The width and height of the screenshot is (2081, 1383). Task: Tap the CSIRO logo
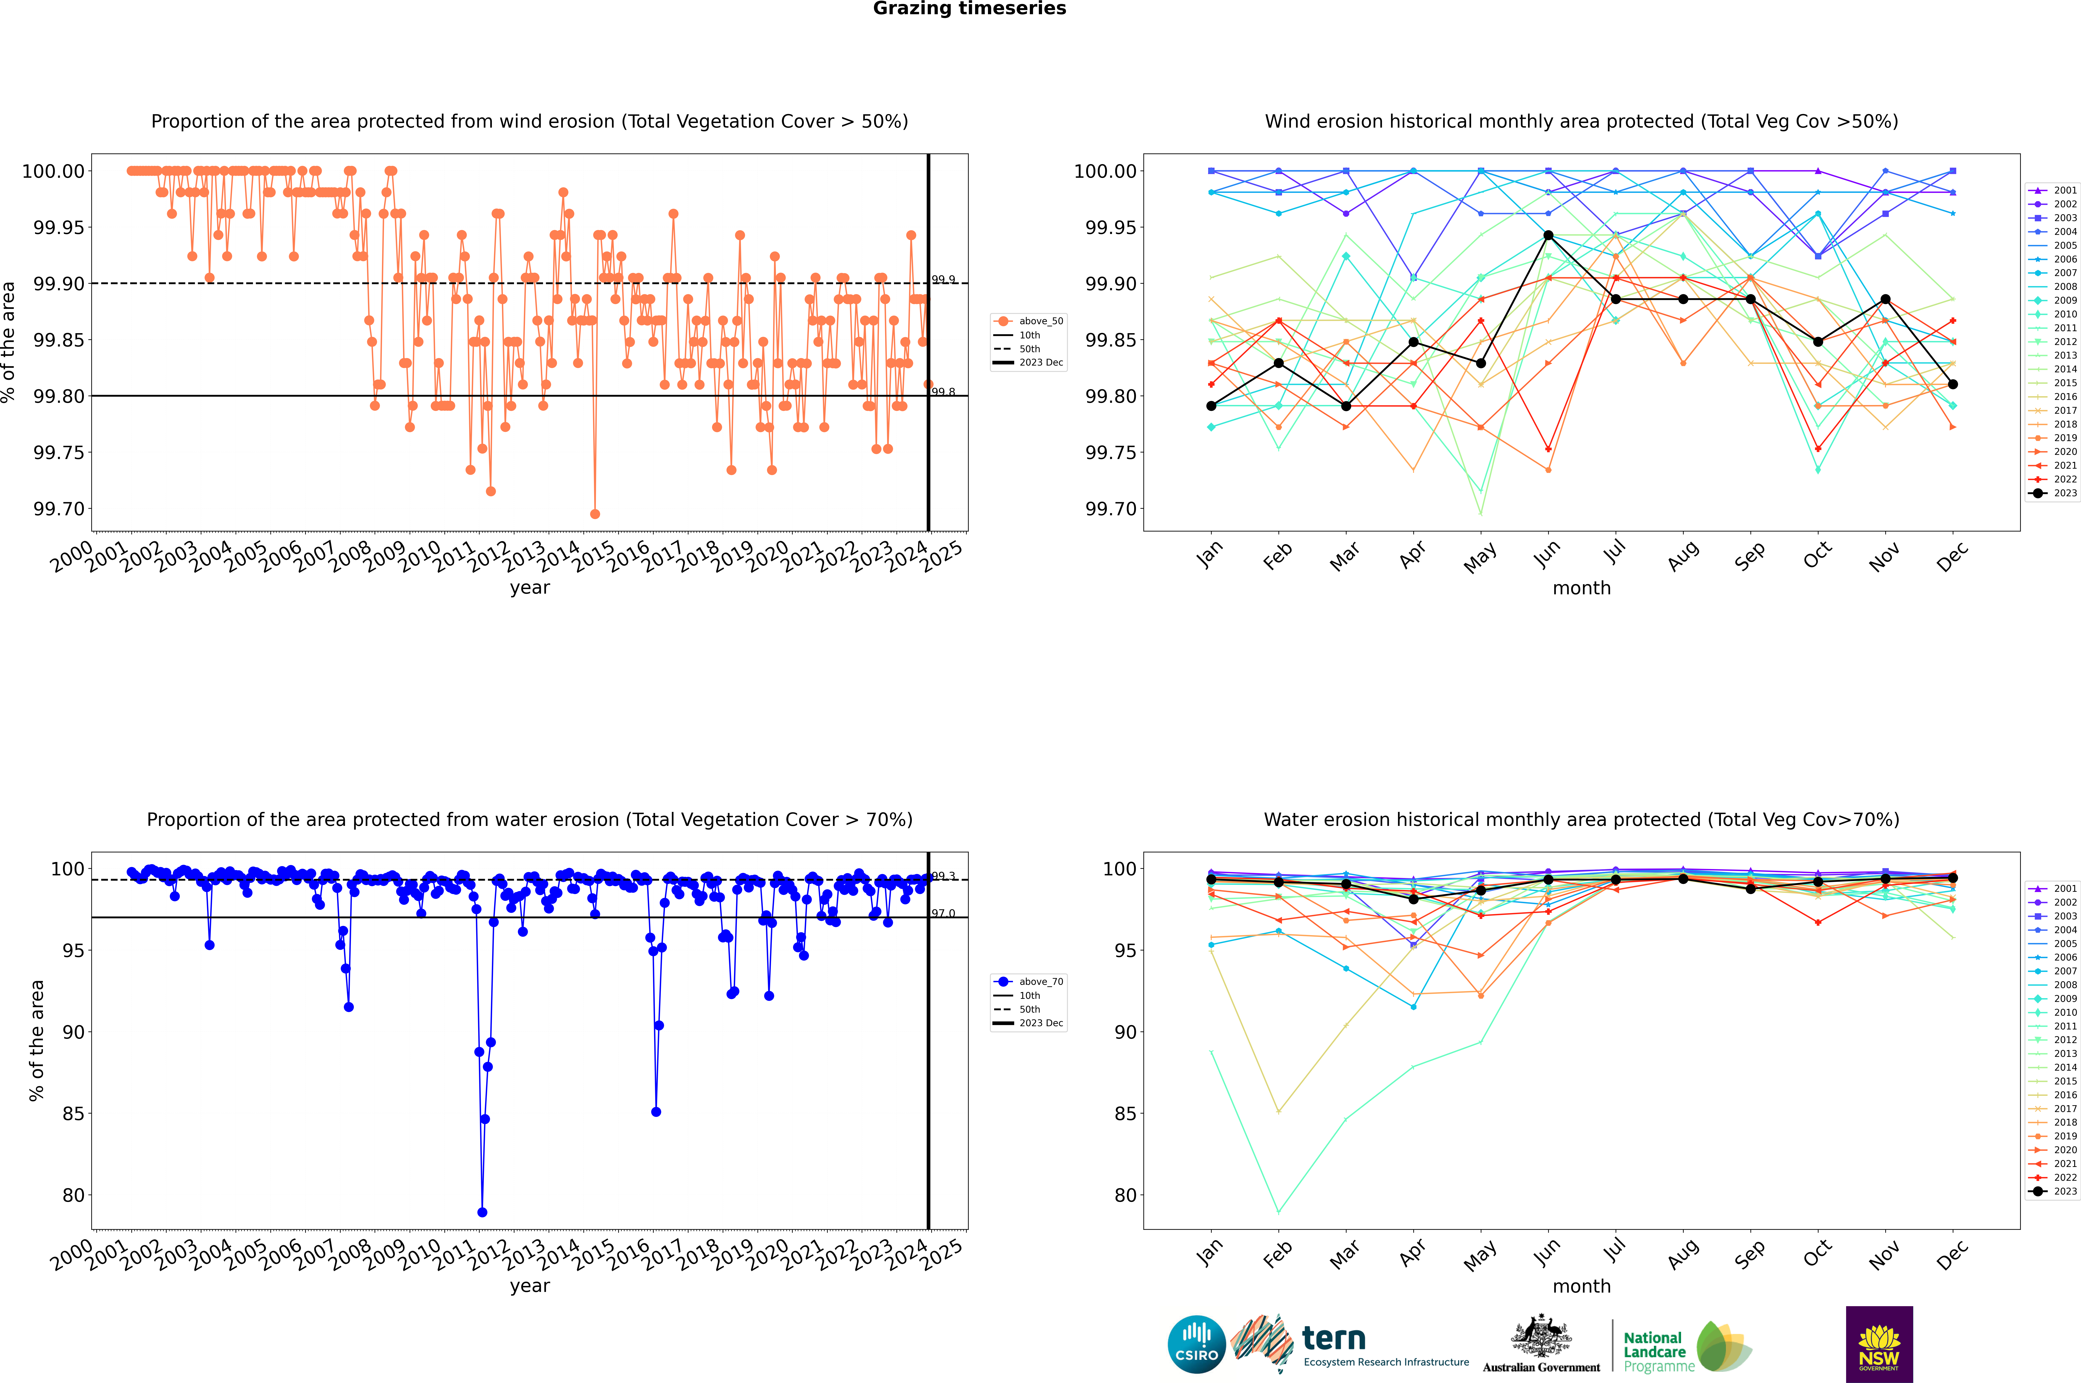[x=1196, y=1344]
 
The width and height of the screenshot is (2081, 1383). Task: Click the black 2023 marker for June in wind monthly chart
[x=1548, y=236]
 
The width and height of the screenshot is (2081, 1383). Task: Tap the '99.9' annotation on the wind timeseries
[x=943, y=280]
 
